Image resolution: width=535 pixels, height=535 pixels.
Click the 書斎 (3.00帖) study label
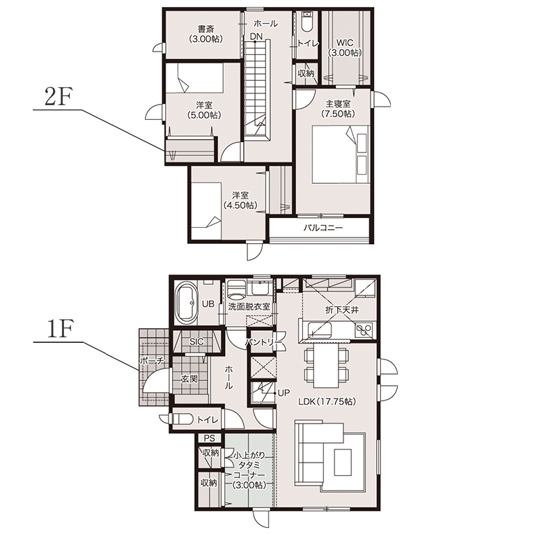[x=206, y=34]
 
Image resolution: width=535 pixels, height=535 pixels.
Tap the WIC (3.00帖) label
[x=345, y=48]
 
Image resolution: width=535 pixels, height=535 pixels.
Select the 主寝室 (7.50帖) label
[x=338, y=109]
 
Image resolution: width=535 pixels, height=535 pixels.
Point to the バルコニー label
[x=323, y=228]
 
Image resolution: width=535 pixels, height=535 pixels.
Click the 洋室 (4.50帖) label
[x=240, y=201]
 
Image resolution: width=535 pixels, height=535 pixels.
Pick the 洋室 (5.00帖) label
[x=204, y=110]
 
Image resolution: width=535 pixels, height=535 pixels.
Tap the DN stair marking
[x=256, y=36]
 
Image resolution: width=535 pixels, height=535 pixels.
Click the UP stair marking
[x=284, y=393]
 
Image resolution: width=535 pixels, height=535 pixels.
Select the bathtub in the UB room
[x=186, y=304]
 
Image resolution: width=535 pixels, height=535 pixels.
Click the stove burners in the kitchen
[x=364, y=330]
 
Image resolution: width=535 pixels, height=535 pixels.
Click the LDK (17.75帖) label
[x=327, y=402]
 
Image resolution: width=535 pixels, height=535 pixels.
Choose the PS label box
[x=209, y=437]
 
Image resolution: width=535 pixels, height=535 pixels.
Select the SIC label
[x=196, y=341]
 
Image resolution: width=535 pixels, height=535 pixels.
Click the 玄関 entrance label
[x=189, y=379]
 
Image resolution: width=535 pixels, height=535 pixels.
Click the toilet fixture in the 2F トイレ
[x=307, y=22]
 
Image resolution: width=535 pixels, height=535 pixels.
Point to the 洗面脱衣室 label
[x=249, y=307]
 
